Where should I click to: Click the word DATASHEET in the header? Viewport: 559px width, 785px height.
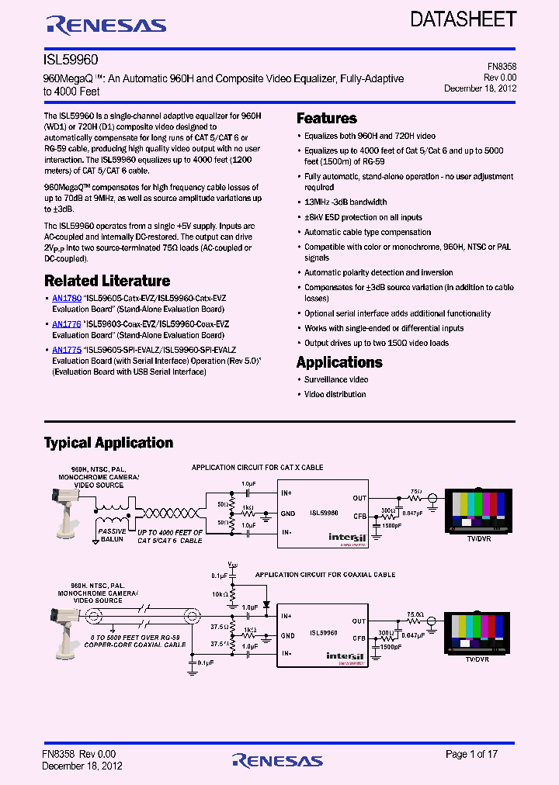pyautogui.click(x=464, y=19)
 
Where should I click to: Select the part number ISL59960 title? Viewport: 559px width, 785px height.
pyautogui.click(x=71, y=59)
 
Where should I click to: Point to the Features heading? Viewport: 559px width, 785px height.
pyautogui.click(x=327, y=119)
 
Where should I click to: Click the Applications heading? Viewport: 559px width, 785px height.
pyautogui.click(x=339, y=362)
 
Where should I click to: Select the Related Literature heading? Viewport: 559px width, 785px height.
pyautogui.click(x=106, y=281)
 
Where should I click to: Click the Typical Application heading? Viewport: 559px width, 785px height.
pyautogui.click(x=108, y=443)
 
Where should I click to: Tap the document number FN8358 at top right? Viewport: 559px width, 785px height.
pyautogui.click(x=501, y=67)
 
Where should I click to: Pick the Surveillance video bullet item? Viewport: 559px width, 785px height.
pyautogui.click(x=336, y=379)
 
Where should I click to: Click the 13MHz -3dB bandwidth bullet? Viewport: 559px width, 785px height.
pyautogui.click(x=345, y=202)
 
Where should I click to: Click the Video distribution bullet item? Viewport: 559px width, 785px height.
pyautogui.click(x=335, y=394)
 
